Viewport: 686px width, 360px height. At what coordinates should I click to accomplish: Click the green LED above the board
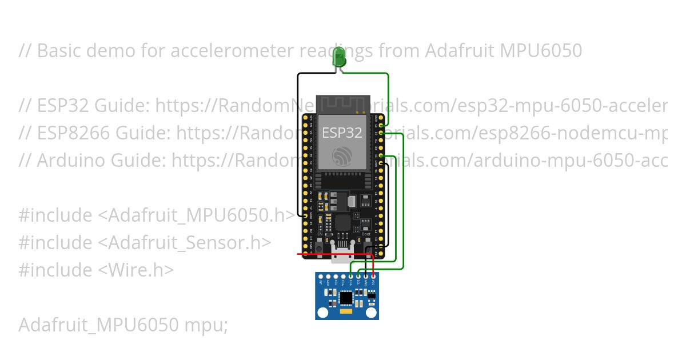click(x=339, y=58)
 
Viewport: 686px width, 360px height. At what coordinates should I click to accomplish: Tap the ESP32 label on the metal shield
click(x=342, y=133)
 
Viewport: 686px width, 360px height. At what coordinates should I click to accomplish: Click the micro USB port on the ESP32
click(x=346, y=252)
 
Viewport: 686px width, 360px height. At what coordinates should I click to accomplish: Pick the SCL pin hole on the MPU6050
click(x=358, y=277)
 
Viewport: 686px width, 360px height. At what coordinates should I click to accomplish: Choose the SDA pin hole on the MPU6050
click(x=350, y=277)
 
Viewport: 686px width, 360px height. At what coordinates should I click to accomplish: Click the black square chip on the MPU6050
click(x=346, y=298)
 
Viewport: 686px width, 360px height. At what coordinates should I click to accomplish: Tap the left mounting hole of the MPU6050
click(x=324, y=312)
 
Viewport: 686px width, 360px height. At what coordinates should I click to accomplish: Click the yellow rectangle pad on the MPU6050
click(x=346, y=313)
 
